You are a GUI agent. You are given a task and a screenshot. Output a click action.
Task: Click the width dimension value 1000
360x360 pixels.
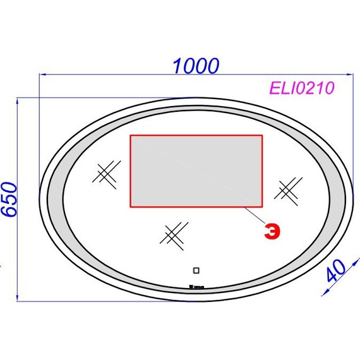click(196, 65)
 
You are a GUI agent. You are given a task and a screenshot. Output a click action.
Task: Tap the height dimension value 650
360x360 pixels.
click(8, 199)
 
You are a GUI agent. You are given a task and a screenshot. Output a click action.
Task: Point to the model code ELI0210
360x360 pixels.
click(301, 88)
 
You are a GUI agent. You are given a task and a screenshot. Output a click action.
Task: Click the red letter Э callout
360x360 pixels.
click(271, 232)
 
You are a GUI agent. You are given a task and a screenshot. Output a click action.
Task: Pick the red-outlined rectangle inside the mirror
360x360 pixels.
click(196, 171)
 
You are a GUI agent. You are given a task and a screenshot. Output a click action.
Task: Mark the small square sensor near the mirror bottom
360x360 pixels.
click(195, 272)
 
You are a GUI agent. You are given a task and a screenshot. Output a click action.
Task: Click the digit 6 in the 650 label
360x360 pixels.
click(8, 212)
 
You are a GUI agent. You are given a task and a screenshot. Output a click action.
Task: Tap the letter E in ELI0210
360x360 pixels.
click(276, 88)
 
